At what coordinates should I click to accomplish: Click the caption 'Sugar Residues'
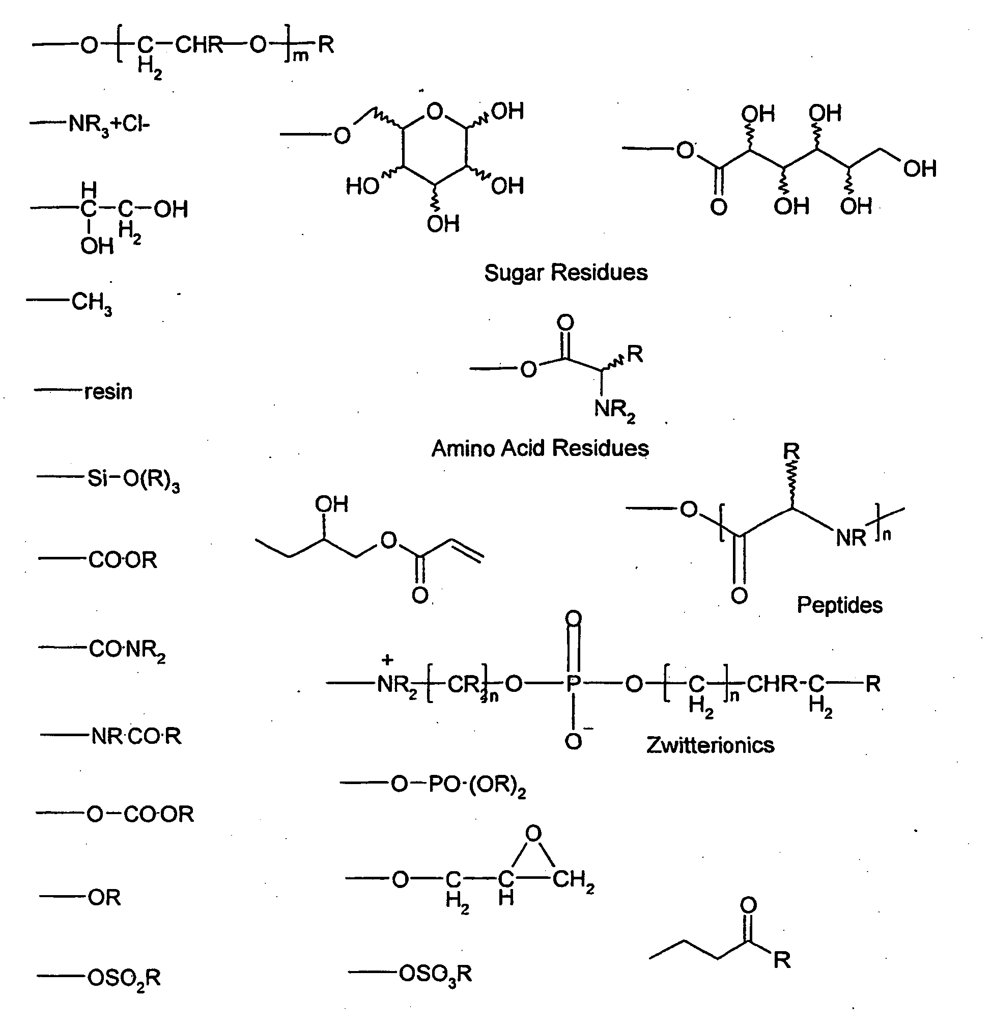(566, 273)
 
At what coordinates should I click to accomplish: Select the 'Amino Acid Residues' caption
(540, 448)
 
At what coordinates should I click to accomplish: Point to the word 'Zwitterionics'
(711, 745)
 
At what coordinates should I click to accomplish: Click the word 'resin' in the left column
(108, 391)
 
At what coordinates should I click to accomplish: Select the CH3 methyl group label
(92, 303)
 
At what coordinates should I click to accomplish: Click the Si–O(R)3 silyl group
(133, 479)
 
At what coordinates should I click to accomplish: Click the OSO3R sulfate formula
(436, 974)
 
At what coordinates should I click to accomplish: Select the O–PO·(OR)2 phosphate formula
(459, 785)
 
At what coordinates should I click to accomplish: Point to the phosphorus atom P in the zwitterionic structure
(573, 683)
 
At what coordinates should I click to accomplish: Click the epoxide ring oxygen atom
(533, 833)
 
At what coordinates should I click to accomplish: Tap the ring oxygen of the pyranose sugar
(435, 112)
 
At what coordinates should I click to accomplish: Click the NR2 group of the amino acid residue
(615, 410)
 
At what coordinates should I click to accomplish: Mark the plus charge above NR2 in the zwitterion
(387, 660)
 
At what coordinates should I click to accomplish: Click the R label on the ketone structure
(782, 960)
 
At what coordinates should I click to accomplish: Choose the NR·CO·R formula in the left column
(136, 737)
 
